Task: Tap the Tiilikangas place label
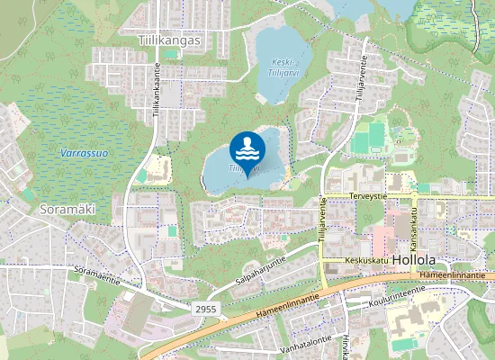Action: [170, 40]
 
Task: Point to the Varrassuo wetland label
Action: [84, 153]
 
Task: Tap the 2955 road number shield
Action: [205, 309]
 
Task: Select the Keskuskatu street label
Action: [366, 261]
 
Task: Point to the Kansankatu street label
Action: [415, 228]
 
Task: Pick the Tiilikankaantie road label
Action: [157, 88]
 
